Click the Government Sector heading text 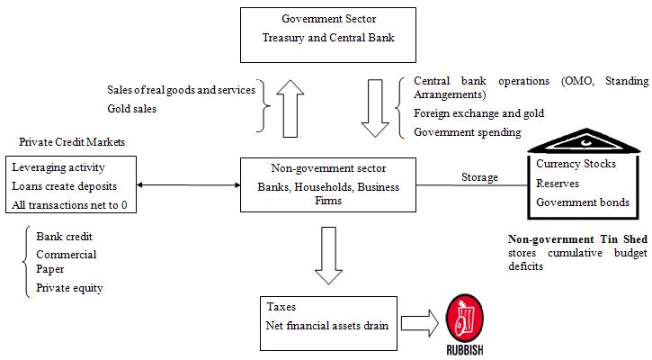[328, 19]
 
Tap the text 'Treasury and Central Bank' [328, 38]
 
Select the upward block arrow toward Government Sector [290, 109]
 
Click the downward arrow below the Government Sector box [375, 108]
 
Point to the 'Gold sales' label [132, 109]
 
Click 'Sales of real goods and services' [182, 90]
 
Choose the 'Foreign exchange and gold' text [479, 113]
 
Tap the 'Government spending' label [468, 132]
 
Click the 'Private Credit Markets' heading [72, 142]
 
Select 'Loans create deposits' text [65, 186]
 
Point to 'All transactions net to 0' [69, 205]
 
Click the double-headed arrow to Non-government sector [188, 184]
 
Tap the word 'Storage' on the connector [479, 177]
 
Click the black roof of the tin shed [585, 141]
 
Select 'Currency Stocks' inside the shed [576, 164]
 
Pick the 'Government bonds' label [583, 202]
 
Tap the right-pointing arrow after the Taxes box [420, 323]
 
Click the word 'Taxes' [281, 307]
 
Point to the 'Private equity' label [69, 288]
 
